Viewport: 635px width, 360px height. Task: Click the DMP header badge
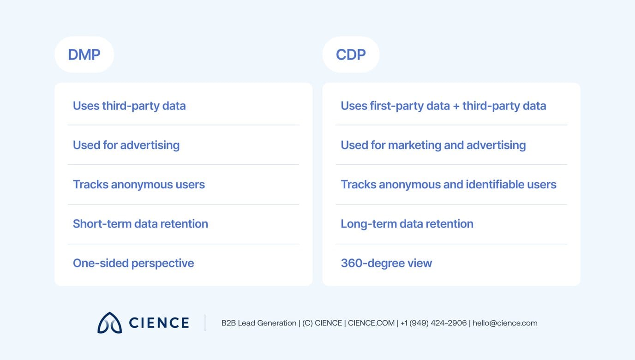point(84,54)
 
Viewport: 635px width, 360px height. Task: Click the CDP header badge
point(351,54)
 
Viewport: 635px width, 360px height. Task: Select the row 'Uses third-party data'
point(129,106)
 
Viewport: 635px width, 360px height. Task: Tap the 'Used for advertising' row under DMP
point(126,145)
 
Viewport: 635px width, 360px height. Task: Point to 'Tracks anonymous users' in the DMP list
point(138,185)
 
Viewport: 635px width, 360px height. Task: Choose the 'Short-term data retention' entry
point(140,224)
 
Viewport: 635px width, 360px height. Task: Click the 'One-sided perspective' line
point(133,263)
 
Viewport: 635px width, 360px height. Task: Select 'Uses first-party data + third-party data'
point(443,106)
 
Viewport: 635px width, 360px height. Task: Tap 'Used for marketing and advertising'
point(433,145)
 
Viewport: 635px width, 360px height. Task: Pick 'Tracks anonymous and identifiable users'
point(448,185)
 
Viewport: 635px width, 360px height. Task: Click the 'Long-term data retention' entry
point(407,224)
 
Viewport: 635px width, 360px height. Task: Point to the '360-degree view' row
point(386,263)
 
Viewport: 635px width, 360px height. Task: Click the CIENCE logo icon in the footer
point(109,323)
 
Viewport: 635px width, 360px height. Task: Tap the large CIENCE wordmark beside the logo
point(159,323)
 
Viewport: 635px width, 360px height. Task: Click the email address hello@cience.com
point(505,323)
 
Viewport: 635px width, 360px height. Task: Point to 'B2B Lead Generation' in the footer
point(259,323)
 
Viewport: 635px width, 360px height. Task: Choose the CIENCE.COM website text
point(371,323)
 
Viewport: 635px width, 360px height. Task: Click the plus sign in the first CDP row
point(456,106)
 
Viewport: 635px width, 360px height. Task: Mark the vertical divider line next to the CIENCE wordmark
point(205,323)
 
